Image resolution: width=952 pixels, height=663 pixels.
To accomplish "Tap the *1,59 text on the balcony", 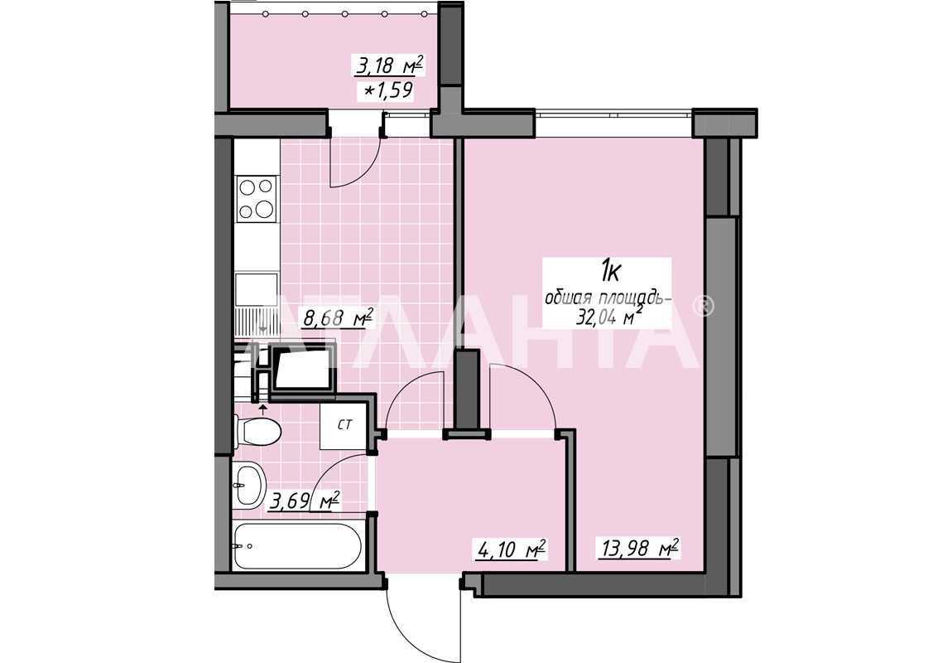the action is pos(389,90).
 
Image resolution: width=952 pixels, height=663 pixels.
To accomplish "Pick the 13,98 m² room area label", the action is pos(640,549).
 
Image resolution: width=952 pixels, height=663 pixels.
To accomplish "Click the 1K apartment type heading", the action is pos(609,271).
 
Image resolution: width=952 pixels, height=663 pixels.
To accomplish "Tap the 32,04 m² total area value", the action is pos(610,317).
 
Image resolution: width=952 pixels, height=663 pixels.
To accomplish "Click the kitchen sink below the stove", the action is pos(256,290).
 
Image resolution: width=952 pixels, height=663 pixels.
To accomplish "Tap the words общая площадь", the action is pos(608,298).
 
